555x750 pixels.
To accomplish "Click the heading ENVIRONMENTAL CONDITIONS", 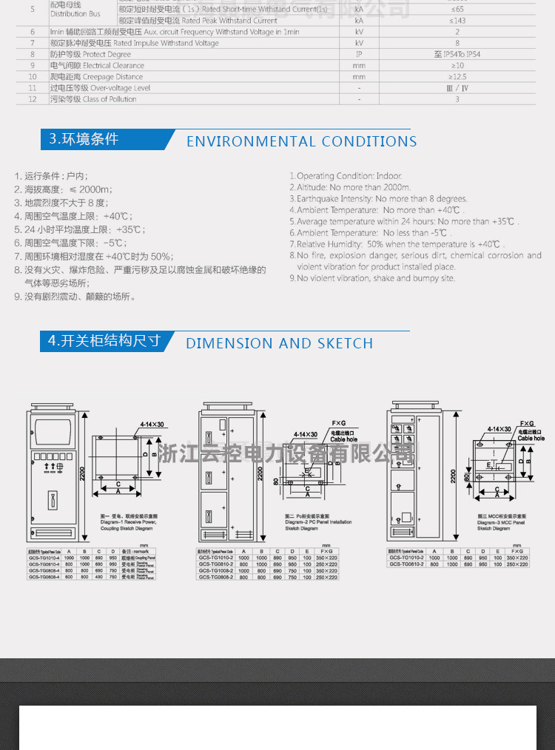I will click(301, 141).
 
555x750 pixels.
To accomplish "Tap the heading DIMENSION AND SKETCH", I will click(279, 343).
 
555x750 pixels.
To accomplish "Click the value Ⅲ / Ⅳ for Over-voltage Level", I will click(457, 88).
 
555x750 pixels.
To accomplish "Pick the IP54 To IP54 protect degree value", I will click(457, 55).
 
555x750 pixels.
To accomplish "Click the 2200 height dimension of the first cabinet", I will click(83, 471).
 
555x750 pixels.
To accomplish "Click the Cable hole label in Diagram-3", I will click(531, 439).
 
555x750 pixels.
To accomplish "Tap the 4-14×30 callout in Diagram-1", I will click(152, 425).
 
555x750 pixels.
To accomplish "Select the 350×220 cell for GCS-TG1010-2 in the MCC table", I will click(517, 558).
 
